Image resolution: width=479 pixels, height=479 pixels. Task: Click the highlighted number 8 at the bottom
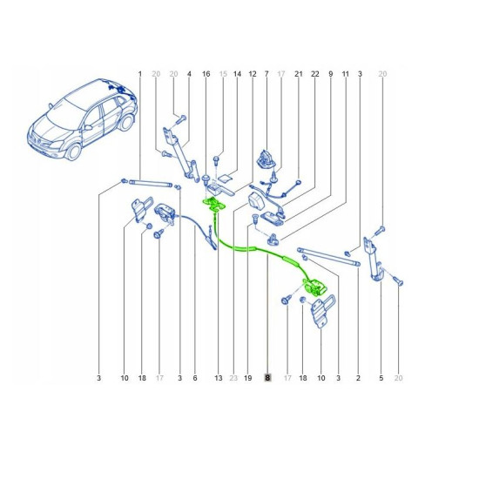pos(267,378)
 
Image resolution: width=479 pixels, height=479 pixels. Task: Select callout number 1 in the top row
pos(140,74)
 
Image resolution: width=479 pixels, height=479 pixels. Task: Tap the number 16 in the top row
pos(206,74)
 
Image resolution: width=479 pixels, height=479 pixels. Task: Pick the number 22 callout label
pos(315,74)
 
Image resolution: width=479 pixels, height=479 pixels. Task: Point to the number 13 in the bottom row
pos(219,378)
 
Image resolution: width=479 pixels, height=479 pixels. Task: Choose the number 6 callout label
pos(195,378)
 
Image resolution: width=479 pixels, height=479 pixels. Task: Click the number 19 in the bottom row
pos(247,378)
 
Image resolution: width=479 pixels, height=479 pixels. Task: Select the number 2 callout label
pos(358,378)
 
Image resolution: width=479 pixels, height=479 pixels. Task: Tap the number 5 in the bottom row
pos(381,378)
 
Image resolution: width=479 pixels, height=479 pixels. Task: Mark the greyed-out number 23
pos(233,378)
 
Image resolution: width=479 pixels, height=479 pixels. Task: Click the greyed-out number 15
pos(223,74)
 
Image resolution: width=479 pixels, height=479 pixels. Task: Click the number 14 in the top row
pos(238,74)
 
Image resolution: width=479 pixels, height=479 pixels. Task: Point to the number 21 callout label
pos(299,74)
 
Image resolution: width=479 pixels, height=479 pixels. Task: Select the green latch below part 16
pos(214,205)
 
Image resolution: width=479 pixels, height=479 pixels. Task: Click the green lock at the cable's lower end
pos(314,287)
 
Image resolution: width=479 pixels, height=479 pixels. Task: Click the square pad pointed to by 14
pos(223,178)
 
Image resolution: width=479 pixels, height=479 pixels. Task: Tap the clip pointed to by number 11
pos(273,239)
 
